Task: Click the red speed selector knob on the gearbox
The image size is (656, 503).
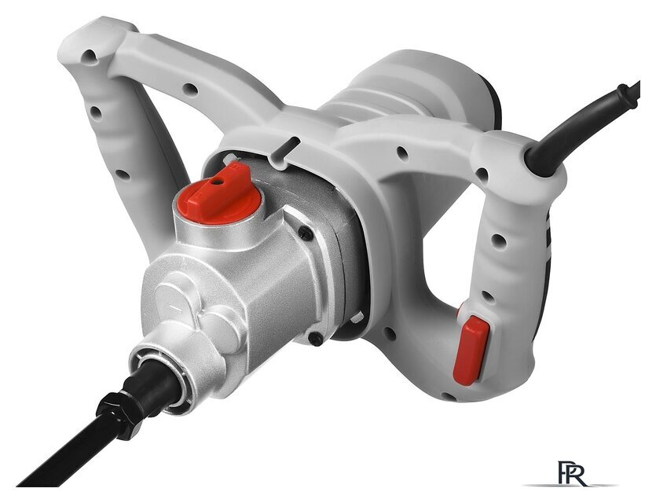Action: click(x=218, y=194)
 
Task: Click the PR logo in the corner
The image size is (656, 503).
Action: click(x=572, y=473)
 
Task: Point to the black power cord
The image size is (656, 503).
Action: click(x=586, y=126)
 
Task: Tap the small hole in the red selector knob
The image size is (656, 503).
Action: click(x=217, y=182)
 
